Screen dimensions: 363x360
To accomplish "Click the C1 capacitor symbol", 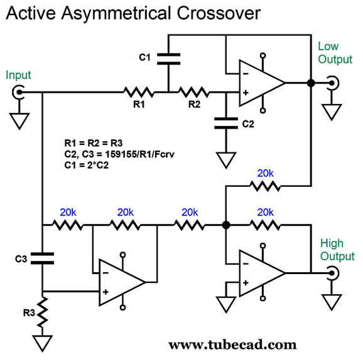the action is (x=168, y=59).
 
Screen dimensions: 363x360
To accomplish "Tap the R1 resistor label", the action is (x=139, y=105).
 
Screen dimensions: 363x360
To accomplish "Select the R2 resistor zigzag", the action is (x=194, y=92).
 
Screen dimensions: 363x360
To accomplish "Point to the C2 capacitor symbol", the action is (x=226, y=123).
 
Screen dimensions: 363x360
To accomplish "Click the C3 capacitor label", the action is (x=21, y=259).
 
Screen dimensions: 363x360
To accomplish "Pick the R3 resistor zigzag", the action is (x=42, y=312).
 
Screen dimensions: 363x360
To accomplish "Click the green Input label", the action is (x=18, y=75).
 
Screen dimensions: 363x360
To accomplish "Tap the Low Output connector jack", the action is (x=333, y=83).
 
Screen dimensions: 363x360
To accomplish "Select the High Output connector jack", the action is (x=333, y=273).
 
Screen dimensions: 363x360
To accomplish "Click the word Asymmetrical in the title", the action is (x=116, y=13).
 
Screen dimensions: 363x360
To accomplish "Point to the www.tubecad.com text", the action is (x=232, y=345).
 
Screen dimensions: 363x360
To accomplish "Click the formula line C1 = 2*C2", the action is (x=86, y=165).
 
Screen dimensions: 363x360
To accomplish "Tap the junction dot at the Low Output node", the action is (x=311, y=83).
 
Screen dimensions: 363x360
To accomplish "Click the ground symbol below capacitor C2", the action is (x=226, y=160).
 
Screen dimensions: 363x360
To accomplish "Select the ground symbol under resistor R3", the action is (x=42, y=344).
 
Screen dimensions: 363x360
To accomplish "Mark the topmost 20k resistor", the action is (x=265, y=186).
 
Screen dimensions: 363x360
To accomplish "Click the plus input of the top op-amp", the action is (x=246, y=93).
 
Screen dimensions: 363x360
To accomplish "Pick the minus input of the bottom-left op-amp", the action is (x=106, y=273).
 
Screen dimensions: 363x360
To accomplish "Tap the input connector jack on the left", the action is (x=18, y=92).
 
